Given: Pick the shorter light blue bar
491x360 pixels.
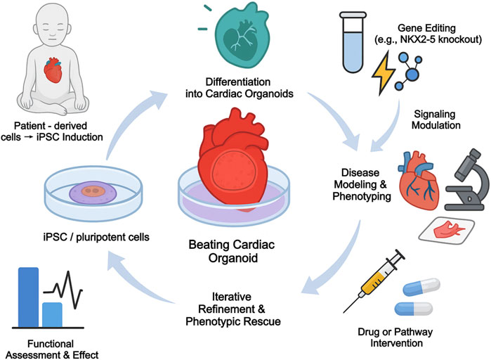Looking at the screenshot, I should tap(52, 313).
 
